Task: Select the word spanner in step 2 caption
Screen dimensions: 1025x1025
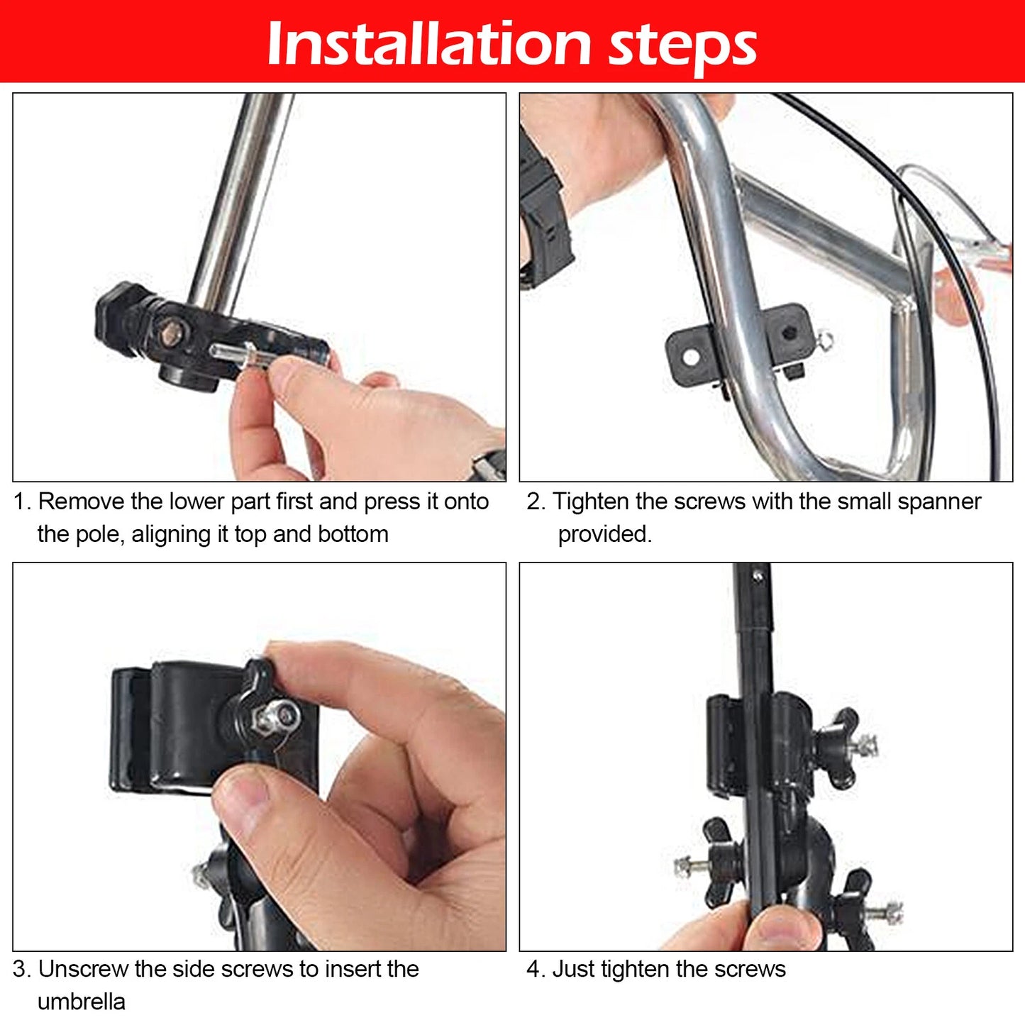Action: click(x=939, y=502)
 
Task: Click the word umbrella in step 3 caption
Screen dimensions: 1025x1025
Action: click(x=82, y=1002)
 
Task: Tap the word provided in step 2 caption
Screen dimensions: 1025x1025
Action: click(x=604, y=534)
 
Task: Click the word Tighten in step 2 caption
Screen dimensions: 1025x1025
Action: click(x=590, y=502)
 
